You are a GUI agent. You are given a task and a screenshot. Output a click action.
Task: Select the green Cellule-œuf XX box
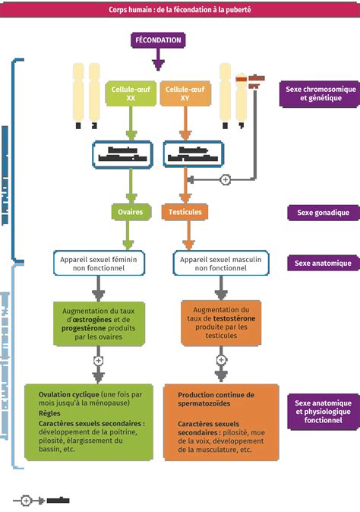(131, 93)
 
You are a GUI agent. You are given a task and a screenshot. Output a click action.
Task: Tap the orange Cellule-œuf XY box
(185, 93)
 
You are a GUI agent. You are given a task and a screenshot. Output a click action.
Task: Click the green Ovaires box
(131, 212)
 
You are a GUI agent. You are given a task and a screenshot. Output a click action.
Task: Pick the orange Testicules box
(185, 212)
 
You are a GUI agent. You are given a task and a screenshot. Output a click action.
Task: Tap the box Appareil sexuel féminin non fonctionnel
(99, 263)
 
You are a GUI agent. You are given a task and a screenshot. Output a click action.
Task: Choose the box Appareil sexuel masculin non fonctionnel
(220, 263)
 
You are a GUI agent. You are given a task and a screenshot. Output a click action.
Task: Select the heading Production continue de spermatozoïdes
(216, 400)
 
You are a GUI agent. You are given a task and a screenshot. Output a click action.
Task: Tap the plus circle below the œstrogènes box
(98, 360)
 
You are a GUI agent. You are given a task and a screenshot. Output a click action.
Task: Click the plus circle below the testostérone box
(221, 360)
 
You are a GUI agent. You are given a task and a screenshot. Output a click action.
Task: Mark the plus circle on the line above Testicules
(225, 179)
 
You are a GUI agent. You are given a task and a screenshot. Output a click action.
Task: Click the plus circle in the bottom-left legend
(25, 500)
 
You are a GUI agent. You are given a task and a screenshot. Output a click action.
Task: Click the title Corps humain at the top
(179, 10)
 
